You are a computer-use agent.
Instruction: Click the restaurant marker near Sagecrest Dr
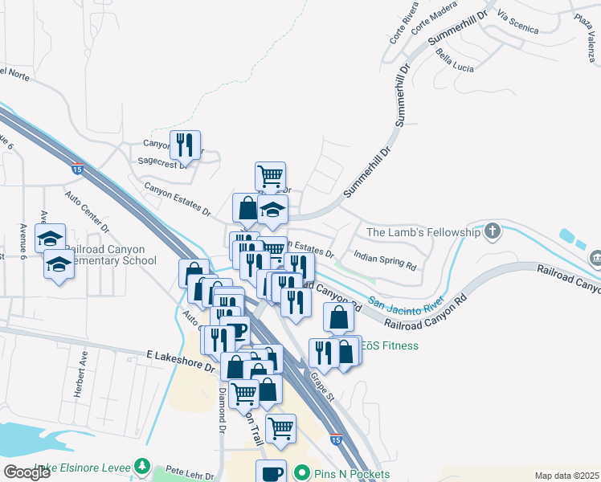pos(186,145)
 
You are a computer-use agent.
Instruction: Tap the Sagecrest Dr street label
pos(162,161)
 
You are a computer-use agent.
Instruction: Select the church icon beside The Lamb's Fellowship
pos(493,232)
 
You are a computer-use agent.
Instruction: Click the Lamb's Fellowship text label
pos(423,232)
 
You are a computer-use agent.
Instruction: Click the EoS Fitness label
pos(390,345)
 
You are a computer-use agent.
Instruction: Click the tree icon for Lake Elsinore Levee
pos(142,466)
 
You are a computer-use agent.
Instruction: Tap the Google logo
pos(27,472)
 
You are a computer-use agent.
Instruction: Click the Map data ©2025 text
pos(566,476)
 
